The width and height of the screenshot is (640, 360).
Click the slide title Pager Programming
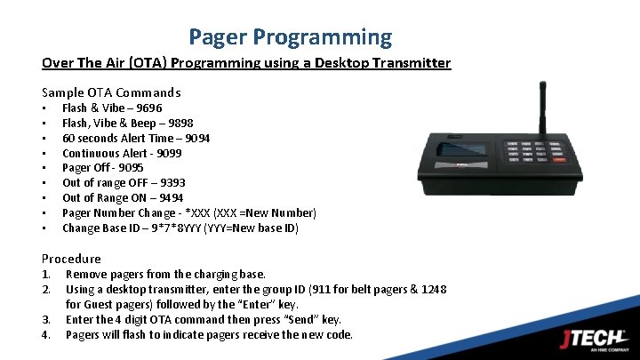click(x=290, y=36)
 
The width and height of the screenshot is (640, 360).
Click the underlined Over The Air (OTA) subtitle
click(x=246, y=63)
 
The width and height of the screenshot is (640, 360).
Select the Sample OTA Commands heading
click(x=111, y=92)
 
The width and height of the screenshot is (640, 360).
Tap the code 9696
click(x=148, y=108)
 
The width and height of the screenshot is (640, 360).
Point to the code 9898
click(x=180, y=123)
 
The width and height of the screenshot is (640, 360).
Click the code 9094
click(x=196, y=138)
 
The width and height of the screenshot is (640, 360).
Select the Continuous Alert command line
click(x=121, y=153)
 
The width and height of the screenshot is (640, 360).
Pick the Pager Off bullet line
click(x=102, y=168)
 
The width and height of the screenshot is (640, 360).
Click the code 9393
click(x=172, y=183)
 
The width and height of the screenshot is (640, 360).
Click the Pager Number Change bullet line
click(x=188, y=213)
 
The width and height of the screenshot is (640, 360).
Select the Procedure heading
click(x=71, y=259)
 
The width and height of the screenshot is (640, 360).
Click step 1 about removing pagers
click(x=165, y=274)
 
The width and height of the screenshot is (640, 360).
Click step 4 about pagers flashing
click(x=209, y=334)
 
